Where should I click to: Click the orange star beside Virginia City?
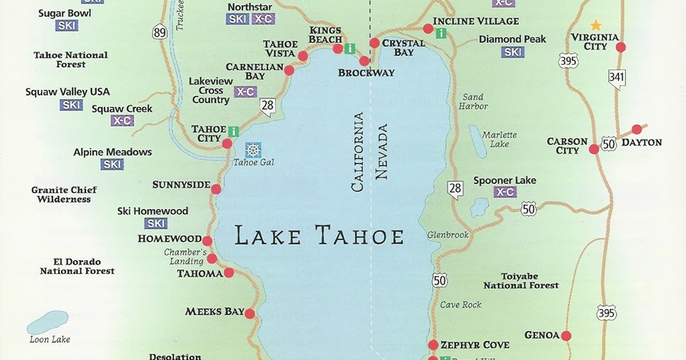click(595, 25)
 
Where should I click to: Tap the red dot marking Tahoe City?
click(227, 143)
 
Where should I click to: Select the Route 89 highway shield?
click(159, 53)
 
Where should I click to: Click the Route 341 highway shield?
click(616, 77)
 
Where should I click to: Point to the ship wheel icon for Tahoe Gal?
click(252, 149)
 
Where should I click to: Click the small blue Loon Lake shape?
click(47, 323)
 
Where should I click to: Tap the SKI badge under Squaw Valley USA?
click(72, 105)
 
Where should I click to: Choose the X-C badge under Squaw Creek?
click(122, 121)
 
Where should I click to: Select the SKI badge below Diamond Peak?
click(512, 53)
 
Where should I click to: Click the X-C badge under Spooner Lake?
click(505, 192)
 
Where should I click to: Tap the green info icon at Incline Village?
click(441, 33)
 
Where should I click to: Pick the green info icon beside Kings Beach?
click(350, 49)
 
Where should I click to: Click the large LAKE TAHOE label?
click(319, 236)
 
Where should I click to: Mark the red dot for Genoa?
click(566, 335)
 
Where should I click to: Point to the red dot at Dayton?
click(636, 130)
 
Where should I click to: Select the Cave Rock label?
click(461, 305)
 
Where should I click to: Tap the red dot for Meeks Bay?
click(249, 312)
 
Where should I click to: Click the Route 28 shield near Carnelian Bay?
click(267, 108)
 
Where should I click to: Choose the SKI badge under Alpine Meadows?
click(112, 164)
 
